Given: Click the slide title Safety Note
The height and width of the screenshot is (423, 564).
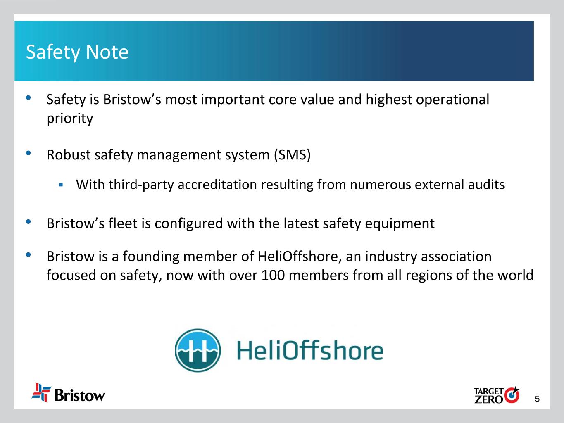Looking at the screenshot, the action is click(x=77, y=52).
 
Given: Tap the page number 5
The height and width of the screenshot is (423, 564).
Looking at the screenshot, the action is click(x=537, y=399).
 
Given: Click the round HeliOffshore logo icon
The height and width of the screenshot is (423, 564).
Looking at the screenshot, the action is click(x=198, y=350).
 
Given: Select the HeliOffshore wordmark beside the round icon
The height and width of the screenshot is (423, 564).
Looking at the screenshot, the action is click(x=310, y=351).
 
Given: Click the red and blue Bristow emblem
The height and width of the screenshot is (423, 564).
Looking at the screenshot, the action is click(x=41, y=392).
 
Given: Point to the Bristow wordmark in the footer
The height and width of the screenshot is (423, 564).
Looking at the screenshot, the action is click(x=80, y=395).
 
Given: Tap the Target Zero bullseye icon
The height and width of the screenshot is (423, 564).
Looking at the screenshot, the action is click(x=512, y=395).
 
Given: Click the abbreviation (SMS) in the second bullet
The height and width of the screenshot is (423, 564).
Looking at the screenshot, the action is click(x=292, y=155).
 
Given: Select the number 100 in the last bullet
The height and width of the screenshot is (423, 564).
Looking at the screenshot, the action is click(x=273, y=275).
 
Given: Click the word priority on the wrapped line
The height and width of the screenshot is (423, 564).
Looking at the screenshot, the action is click(x=70, y=119).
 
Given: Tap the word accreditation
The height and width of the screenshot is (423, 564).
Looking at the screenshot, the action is click(x=217, y=184).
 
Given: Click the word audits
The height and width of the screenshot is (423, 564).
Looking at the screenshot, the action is click(x=486, y=184).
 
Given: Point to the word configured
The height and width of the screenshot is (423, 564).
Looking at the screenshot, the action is click(x=188, y=224).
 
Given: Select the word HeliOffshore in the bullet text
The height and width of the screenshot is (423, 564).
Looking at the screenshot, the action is click(x=300, y=257).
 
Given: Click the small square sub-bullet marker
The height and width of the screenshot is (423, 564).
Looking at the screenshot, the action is click(x=61, y=185).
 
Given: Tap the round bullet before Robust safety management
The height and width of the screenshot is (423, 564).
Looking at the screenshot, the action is click(x=28, y=153).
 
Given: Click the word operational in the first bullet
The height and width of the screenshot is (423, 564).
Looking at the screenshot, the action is click(x=452, y=100).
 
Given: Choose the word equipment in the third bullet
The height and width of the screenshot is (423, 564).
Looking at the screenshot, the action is click(x=400, y=224).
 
